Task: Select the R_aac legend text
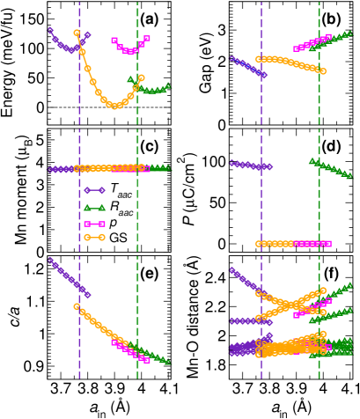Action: click(x=121, y=209)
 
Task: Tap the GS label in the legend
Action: click(x=118, y=238)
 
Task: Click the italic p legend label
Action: click(x=113, y=224)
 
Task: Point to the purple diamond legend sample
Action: click(x=93, y=189)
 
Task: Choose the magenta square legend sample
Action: click(x=93, y=224)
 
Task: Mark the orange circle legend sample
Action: click(x=93, y=238)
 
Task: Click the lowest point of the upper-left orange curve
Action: click(x=114, y=107)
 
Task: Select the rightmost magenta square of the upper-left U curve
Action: click(x=147, y=39)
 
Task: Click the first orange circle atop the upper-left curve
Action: click(x=77, y=33)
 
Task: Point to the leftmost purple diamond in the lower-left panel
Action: click(x=49, y=259)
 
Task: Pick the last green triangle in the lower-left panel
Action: click(x=168, y=362)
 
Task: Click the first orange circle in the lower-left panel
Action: click(x=77, y=306)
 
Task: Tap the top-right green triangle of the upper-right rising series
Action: click(x=349, y=33)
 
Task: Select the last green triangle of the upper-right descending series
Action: click(x=349, y=175)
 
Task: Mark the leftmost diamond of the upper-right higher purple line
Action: click(x=231, y=59)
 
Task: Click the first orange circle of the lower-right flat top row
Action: click(x=258, y=244)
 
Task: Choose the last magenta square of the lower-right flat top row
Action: click(x=329, y=244)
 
